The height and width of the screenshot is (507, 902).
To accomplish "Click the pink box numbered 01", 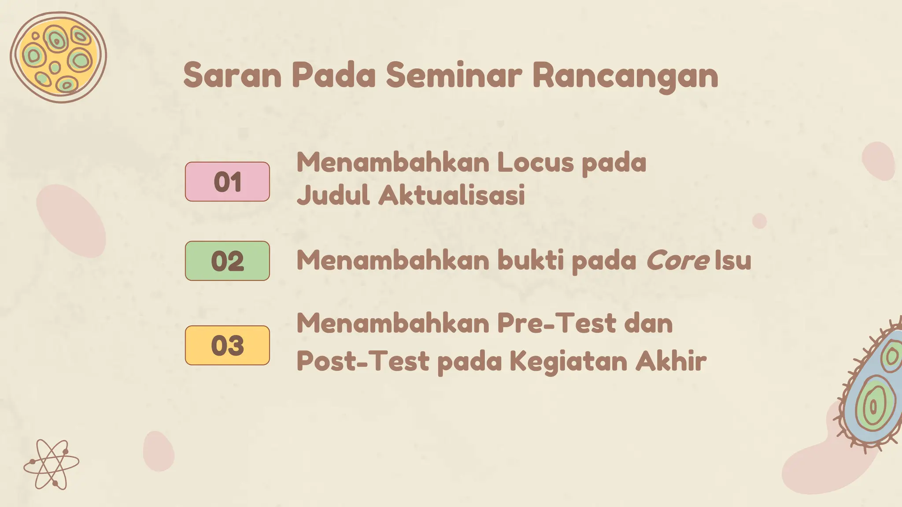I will tap(227, 182).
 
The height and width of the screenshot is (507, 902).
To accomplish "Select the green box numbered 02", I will tap(227, 261).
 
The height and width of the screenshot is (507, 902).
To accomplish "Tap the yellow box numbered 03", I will tap(227, 345).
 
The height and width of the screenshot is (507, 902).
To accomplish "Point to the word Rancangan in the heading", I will tap(625, 76).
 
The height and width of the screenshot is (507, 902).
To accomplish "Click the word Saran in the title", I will tap(232, 75).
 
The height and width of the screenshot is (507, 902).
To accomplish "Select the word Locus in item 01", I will tap(536, 162).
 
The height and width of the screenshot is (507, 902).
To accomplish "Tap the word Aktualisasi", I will tap(452, 195).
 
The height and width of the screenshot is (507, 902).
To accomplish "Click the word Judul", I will tap(333, 195).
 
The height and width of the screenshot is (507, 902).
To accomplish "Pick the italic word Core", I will tap(677, 261).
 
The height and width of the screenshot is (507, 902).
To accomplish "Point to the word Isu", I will tap(733, 260).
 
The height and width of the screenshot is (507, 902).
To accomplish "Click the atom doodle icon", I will tap(52, 464).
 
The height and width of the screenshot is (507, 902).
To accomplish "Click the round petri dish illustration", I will tap(58, 57).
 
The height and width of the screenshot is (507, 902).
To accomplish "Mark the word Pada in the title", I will tap(333, 75).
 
